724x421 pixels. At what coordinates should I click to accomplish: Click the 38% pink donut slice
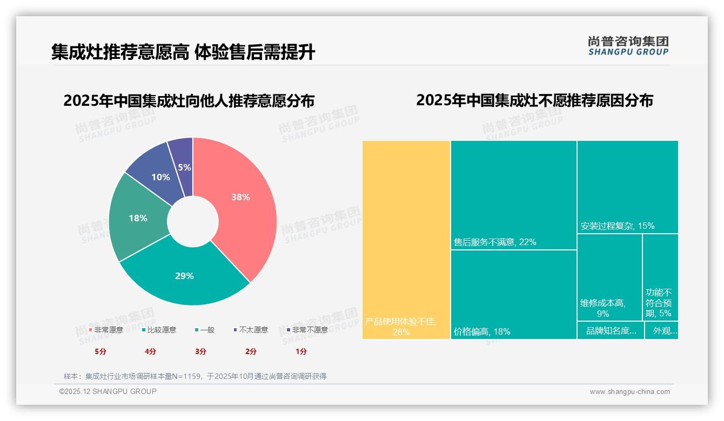click(240, 197)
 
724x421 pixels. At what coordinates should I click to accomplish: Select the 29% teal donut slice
click(184, 276)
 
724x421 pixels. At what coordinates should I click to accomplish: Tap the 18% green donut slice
click(138, 218)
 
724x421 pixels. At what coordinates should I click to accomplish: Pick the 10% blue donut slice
click(160, 176)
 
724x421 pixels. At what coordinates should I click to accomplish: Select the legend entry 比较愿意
click(161, 330)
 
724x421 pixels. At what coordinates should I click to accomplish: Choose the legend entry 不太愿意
click(253, 330)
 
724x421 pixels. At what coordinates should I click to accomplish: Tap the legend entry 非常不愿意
click(309, 330)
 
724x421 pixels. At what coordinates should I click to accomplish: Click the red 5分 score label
click(100, 351)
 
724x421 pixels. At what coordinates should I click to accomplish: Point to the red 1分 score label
click(301, 351)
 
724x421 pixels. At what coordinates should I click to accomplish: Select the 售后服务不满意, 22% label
click(495, 242)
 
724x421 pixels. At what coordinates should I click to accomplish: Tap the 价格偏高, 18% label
click(482, 331)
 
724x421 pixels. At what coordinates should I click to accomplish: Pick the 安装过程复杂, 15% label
click(617, 226)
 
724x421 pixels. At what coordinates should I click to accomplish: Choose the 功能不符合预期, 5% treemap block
click(660, 286)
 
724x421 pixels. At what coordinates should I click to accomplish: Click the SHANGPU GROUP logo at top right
click(628, 46)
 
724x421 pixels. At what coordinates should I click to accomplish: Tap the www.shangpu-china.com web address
click(629, 392)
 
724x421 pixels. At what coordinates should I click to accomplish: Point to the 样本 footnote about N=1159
click(195, 376)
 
